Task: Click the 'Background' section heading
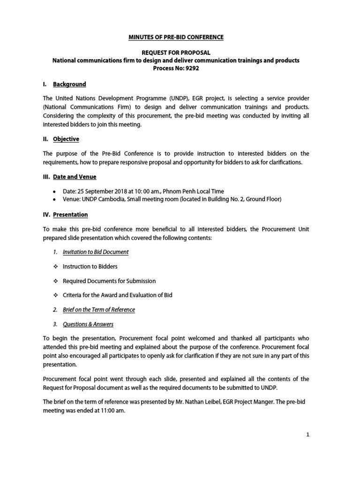[69, 84]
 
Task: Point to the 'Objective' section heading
[66, 139]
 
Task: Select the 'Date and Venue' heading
[75, 177]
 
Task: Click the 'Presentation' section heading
[70, 215]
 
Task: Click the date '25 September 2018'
[103, 191]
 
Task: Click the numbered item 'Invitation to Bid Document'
[96, 252]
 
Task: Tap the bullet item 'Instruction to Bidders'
[90, 266]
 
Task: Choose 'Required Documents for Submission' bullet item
[109, 281]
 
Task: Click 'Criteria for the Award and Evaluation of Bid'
[118, 295]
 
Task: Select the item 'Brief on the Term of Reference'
[98, 310]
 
